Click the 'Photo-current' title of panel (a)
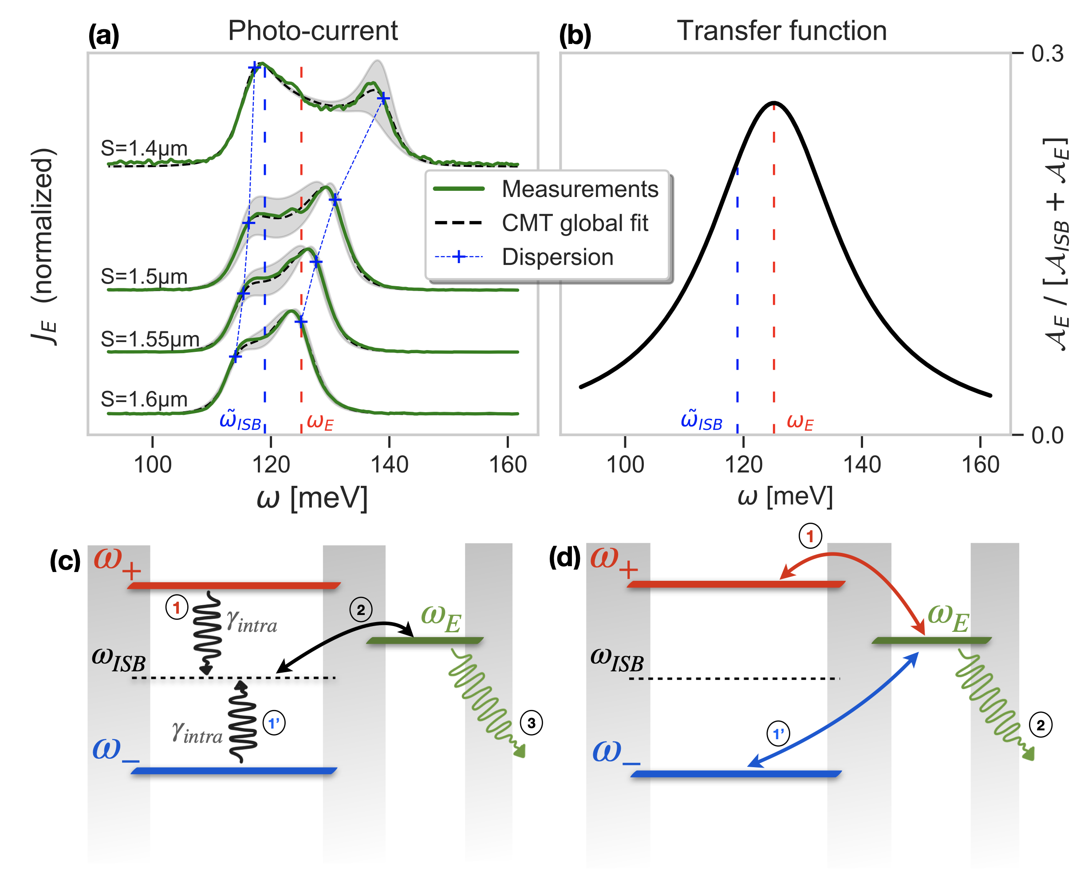(312, 32)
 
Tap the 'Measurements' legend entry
(580, 189)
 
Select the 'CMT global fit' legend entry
(575, 223)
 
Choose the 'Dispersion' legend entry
(558, 257)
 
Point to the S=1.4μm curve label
(144, 148)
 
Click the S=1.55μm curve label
(150, 339)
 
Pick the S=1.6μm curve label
(144, 399)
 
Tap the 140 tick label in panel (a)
(389, 465)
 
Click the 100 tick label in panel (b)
(625, 465)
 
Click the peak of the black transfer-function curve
(773, 103)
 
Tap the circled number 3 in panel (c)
(532, 723)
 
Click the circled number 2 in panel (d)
(1041, 725)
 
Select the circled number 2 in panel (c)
(361, 610)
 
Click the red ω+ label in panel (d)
(614, 561)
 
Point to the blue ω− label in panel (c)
(115, 750)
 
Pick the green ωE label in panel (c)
(441, 619)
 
